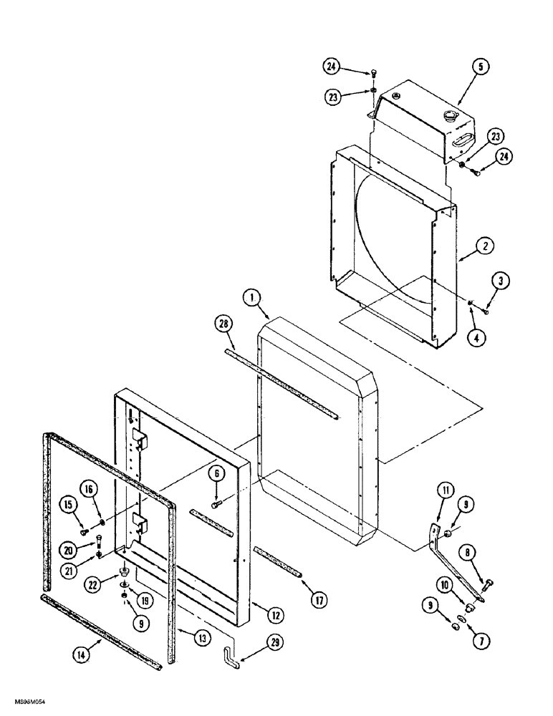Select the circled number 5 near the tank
[x=480, y=67]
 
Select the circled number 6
[x=216, y=473]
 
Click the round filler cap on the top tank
[x=451, y=115]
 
